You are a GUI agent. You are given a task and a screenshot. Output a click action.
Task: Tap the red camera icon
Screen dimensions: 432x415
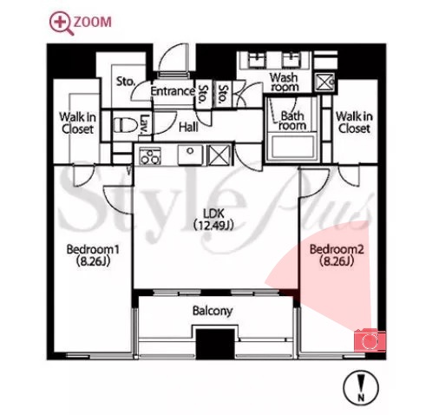tap(370, 340)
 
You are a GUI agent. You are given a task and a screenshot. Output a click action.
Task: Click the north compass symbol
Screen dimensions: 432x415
tap(361, 388)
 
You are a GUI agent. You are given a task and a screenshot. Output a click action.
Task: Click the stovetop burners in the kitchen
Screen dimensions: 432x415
tap(150, 155)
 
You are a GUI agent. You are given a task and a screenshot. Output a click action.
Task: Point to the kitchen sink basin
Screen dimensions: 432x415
tap(190, 155)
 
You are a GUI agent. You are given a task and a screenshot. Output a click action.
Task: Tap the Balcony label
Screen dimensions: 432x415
tap(213, 311)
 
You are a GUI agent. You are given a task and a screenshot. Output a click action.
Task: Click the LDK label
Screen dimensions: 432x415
tap(213, 214)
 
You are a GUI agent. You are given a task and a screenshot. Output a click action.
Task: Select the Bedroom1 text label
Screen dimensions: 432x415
tap(93, 249)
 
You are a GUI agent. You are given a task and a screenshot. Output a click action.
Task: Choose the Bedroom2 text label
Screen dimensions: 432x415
tap(337, 249)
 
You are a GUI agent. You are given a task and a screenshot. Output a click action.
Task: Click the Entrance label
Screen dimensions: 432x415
tap(173, 91)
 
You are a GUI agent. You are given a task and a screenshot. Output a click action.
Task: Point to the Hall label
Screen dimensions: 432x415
tap(188, 127)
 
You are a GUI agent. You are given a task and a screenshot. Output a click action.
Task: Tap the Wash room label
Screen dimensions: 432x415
tap(284, 82)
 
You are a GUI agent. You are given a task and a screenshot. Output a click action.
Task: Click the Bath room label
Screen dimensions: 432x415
tap(292, 121)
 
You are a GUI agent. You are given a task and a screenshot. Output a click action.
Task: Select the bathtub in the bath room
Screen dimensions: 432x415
tap(293, 147)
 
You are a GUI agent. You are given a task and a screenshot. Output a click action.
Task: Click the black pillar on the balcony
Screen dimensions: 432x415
tap(215, 344)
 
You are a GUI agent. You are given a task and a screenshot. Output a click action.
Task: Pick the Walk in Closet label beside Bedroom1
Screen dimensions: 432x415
tap(77, 123)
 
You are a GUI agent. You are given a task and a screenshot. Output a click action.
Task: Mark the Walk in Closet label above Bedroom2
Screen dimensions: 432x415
tap(354, 122)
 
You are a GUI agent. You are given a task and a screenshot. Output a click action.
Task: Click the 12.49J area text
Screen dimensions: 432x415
tap(213, 225)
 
